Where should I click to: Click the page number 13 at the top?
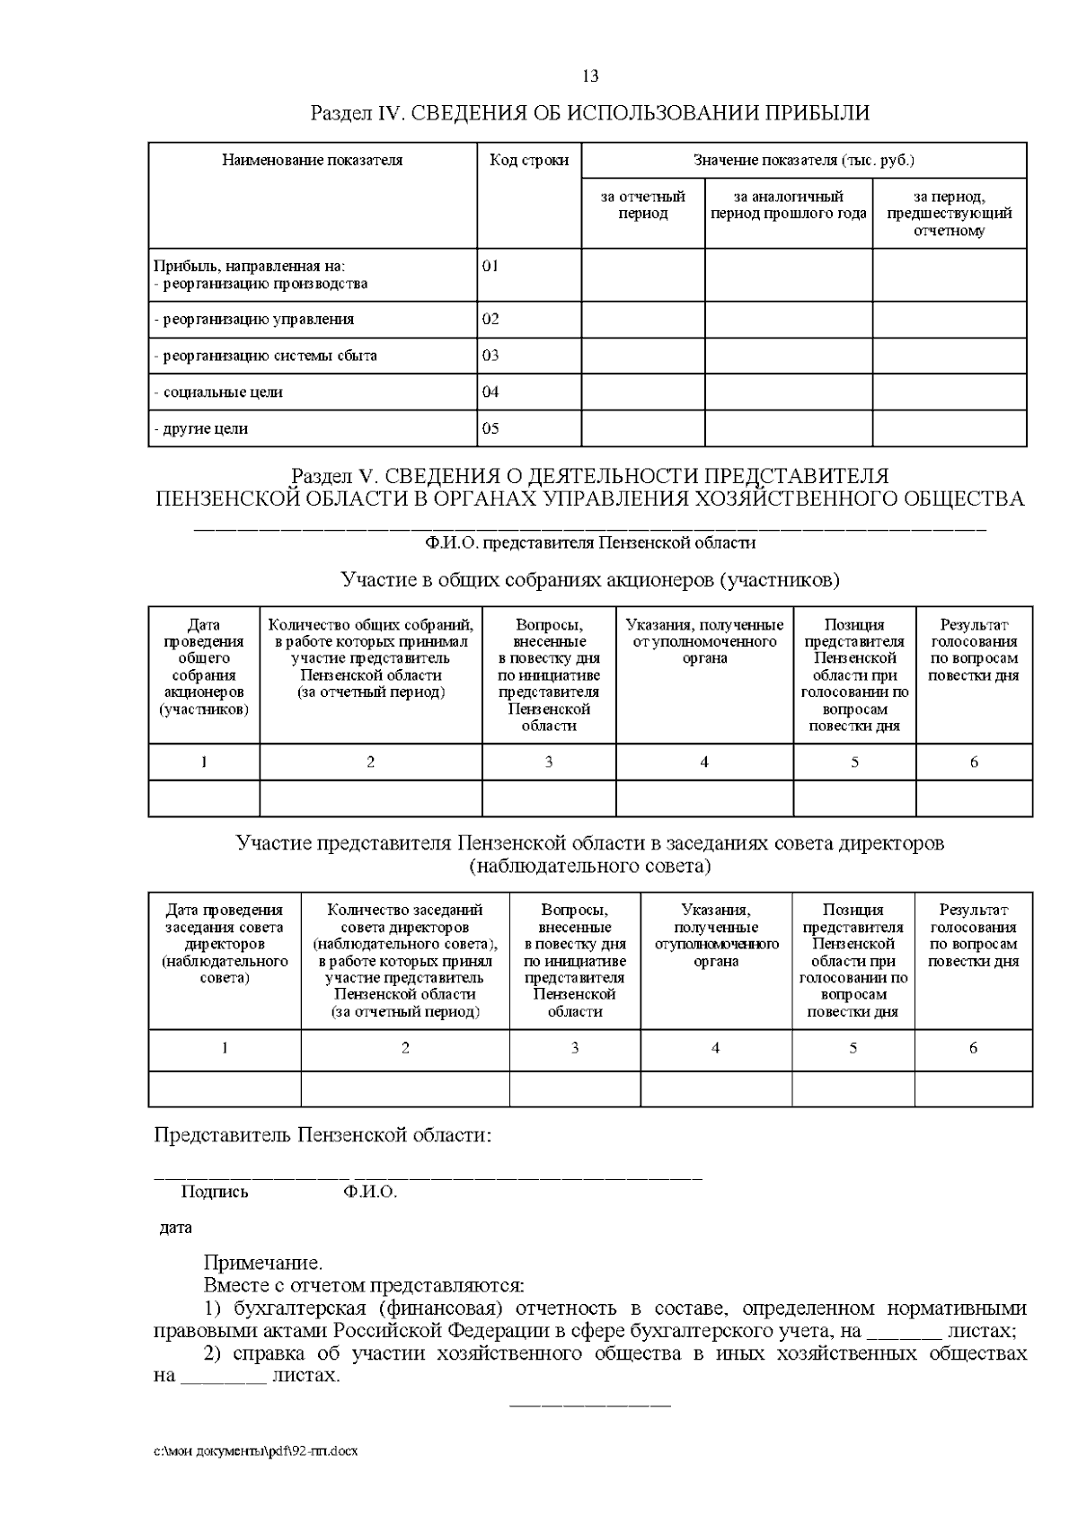pos(590,75)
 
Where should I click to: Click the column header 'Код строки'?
pos(528,161)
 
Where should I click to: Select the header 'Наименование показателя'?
pos(312,161)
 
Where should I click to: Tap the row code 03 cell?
pos(490,356)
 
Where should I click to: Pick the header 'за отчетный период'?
pos(642,205)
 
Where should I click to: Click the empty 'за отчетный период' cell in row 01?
pos(642,275)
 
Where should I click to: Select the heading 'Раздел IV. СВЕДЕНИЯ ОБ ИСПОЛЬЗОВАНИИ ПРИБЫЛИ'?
pos(589,113)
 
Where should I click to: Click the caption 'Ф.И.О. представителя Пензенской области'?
pos(590,543)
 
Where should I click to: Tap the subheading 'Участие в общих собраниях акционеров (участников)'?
pos(590,580)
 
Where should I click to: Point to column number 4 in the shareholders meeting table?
pos(704,762)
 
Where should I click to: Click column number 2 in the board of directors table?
pos(405,1048)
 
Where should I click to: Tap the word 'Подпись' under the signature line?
pos(215,1193)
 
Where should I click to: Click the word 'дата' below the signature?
pos(175,1228)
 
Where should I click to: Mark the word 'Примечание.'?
pos(263,1264)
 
